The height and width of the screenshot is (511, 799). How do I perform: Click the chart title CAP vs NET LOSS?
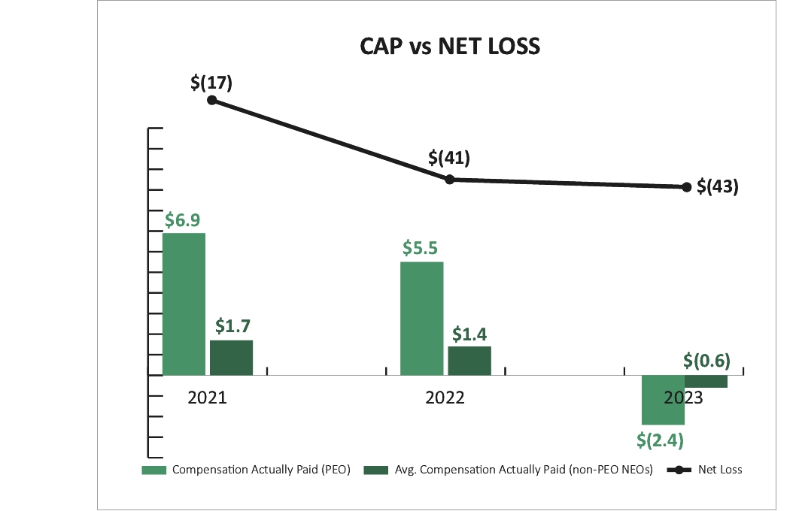point(450,47)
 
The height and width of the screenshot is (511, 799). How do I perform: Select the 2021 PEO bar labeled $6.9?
point(184,304)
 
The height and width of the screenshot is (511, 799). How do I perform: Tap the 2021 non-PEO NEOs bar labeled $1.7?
point(232,357)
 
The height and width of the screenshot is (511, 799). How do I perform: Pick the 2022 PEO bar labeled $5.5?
point(422,318)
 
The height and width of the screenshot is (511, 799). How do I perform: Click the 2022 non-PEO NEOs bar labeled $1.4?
point(469,360)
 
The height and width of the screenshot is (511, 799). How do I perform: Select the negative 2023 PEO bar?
point(663,400)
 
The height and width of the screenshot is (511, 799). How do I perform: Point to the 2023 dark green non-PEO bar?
point(706,381)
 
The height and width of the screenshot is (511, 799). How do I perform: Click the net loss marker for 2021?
point(212,100)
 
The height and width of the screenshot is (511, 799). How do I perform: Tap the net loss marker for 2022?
point(449,179)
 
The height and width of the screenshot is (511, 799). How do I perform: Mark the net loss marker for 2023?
point(686,186)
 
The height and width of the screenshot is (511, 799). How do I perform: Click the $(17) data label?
point(211,82)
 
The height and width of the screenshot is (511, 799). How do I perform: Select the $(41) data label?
point(449,159)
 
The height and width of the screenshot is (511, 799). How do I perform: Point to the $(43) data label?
point(718,186)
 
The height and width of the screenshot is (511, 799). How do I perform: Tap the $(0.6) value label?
point(707,361)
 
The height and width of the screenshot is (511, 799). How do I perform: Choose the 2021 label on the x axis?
point(208,398)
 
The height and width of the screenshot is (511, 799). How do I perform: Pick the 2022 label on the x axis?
point(445,398)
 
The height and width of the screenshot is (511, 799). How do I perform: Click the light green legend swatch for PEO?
point(154,470)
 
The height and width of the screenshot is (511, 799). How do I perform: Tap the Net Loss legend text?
point(720,470)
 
